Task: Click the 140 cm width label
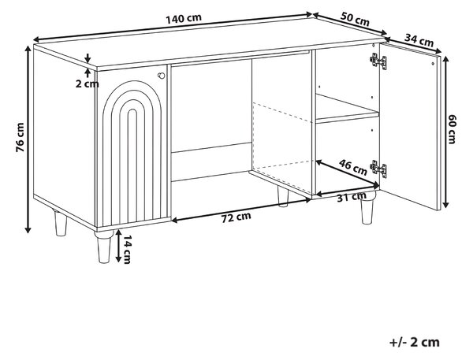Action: pos(184,19)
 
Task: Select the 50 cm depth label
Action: pos(355,19)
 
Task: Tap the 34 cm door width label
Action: pos(419,40)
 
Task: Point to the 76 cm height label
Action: pos(20,137)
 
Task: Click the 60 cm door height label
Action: pos(451,129)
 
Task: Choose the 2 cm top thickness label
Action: pos(87,84)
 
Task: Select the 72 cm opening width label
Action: pos(236,217)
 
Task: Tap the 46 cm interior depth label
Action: pos(353,167)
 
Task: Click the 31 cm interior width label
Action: pos(352,197)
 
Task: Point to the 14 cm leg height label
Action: pos(127,250)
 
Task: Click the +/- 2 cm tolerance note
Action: pos(414,342)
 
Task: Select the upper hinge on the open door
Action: pos(378,61)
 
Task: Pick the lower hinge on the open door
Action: pos(378,169)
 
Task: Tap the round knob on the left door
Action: pos(162,76)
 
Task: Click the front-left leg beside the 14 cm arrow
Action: pos(104,247)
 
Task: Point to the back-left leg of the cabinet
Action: pos(61,223)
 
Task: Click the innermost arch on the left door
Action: pos(132,165)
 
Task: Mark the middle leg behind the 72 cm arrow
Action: pos(283,197)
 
